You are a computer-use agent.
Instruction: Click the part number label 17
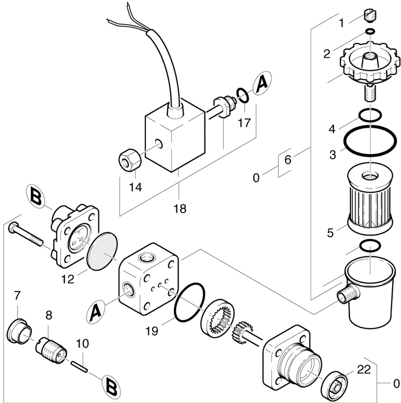pos(244,123)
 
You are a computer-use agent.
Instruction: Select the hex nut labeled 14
pos(130,161)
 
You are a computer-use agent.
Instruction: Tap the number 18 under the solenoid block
pos(180,209)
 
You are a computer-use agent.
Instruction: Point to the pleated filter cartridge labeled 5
pos(370,201)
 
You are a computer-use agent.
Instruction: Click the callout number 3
pos(332,155)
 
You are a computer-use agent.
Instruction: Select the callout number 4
pos(332,129)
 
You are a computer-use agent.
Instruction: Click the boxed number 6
pos(288,159)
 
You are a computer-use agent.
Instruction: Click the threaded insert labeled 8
pos(51,347)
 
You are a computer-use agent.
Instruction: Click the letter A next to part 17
pos(262,84)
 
